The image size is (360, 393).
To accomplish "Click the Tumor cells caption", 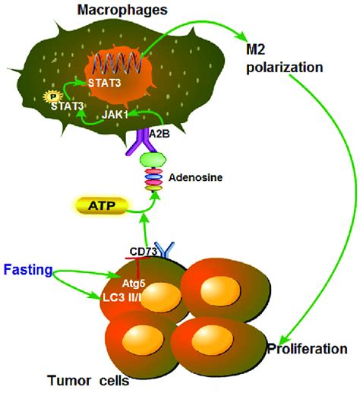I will click(77, 379).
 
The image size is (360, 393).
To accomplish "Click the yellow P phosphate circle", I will click(52, 97).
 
